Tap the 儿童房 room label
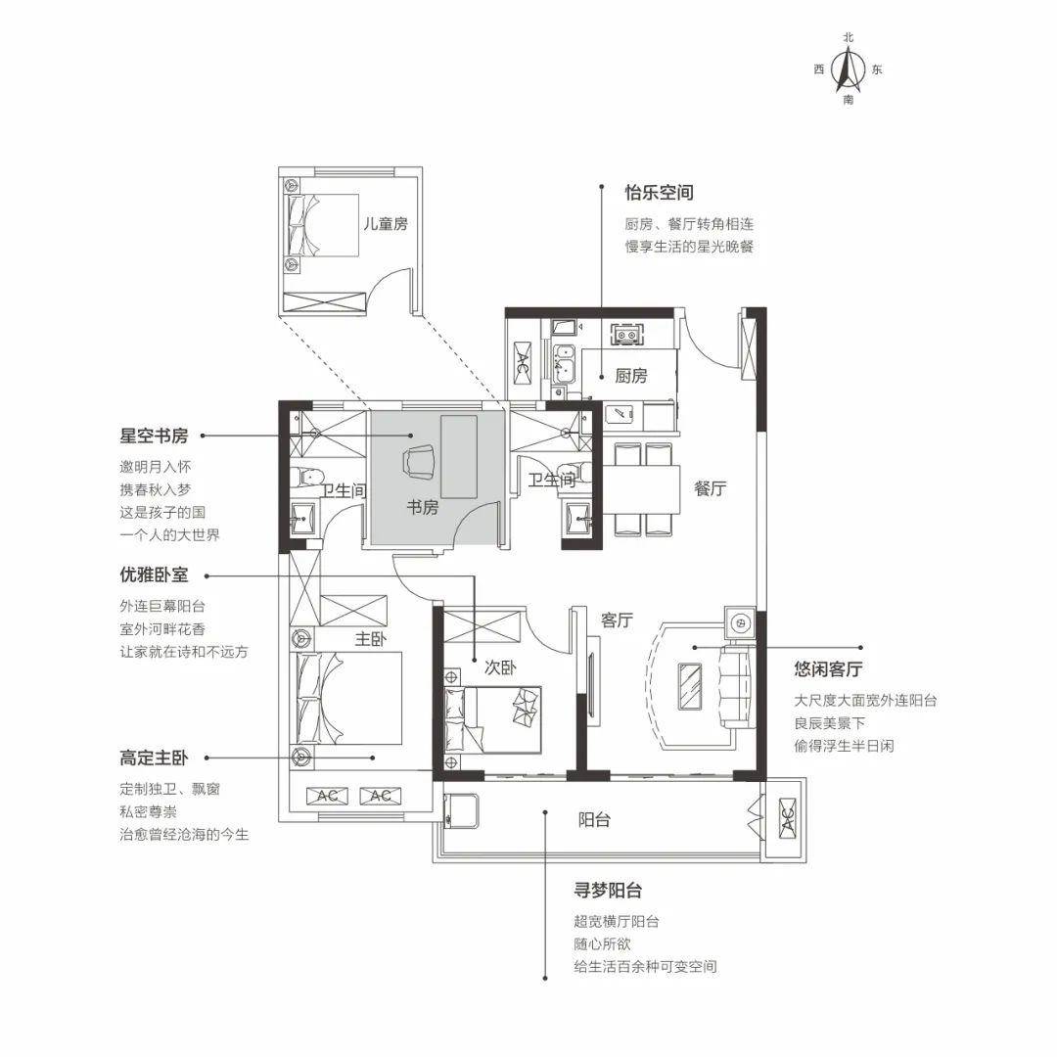(x=386, y=224)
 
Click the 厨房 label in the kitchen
(x=631, y=376)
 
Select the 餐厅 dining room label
(x=710, y=488)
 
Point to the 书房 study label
(x=422, y=507)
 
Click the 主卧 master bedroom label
(x=370, y=638)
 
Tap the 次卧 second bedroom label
(x=500, y=667)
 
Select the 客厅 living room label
(x=617, y=620)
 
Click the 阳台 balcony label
(x=594, y=820)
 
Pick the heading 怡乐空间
(x=659, y=193)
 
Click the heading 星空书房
(x=154, y=436)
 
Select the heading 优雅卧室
(x=154, y=574)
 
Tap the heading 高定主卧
(x=154, y=758)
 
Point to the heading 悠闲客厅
(x=828, y=668)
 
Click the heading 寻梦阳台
(x=608, y=890)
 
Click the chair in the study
(x=418, y=462)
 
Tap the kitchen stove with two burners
(x=627, y=335)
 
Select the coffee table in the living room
(x=689, y=686)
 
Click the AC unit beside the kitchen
(x=523, y=363)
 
